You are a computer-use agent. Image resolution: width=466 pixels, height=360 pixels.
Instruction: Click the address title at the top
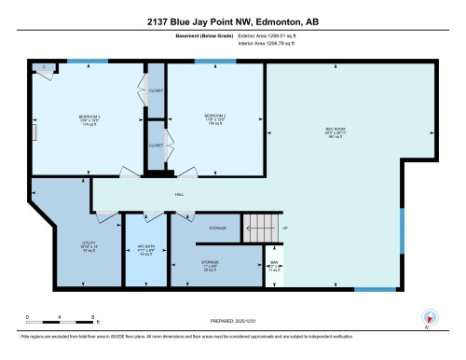232,21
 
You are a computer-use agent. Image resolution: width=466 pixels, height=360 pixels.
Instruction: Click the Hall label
179,195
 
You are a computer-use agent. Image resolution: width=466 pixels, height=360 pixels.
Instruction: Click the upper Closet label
156,90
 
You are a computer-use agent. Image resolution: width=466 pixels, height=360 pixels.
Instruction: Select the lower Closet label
156,145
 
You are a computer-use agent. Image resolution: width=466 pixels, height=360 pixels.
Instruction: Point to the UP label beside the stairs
285,228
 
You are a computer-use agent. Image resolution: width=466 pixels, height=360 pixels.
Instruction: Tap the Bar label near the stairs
273,264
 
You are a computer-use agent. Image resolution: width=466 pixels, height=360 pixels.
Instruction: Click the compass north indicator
428,315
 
